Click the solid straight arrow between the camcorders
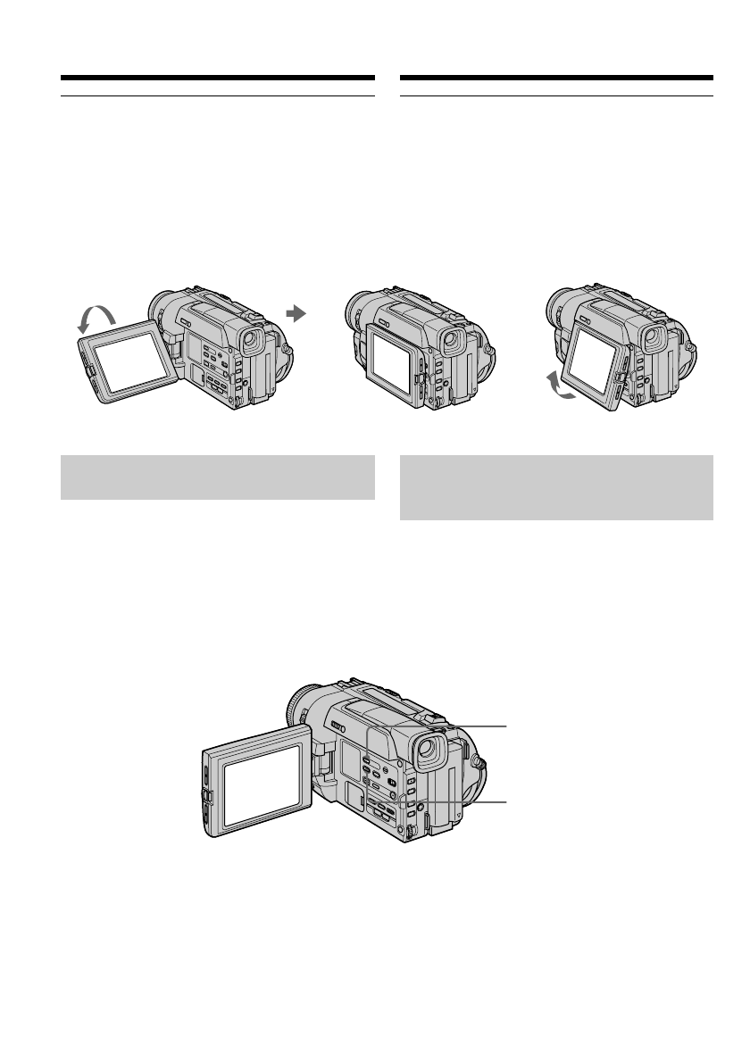tap(296, 313)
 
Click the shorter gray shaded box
tap(217, 477)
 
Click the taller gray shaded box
tap(556, 487)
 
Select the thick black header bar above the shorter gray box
tap(217, 78)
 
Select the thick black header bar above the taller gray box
tap(556, 78)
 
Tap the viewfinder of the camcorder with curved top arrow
tap(252, 338)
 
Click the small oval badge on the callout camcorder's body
tap(338, 726)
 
